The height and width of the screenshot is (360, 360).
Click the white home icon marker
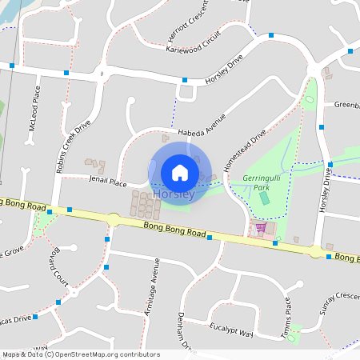[180, 172]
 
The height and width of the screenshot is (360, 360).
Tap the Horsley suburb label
[172, 194]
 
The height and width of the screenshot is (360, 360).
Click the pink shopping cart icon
[260, 227]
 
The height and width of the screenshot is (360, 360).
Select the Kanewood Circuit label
[192, 42]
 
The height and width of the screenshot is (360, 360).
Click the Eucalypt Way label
[230, 331]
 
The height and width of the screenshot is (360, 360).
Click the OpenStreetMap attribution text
[82, 354]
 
